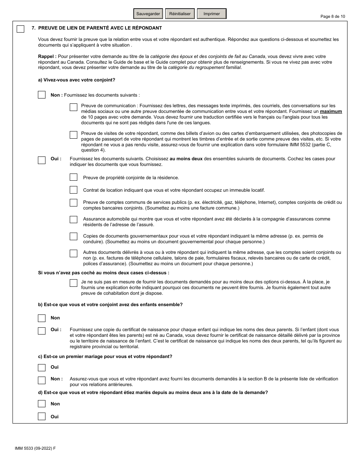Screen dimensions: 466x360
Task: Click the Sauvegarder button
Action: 149,14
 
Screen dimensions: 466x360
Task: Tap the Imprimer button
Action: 211,14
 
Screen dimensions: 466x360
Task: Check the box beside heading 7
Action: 20,29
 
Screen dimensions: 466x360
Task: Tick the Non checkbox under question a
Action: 42,95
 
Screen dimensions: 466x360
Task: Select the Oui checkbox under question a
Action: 42,160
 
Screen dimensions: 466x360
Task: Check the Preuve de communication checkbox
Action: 74,108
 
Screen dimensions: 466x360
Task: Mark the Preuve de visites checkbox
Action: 74,135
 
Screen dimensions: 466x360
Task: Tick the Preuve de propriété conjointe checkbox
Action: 74,177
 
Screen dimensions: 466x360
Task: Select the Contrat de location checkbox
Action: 74,190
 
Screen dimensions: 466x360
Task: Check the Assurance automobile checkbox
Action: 74,220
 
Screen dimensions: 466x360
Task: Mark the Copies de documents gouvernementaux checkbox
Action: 74,236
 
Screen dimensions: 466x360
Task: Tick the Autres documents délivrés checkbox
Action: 74,253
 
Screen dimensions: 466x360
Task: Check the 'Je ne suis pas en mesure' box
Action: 74,283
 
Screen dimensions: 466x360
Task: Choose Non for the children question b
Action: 42,318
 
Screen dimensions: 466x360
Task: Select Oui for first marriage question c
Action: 42,367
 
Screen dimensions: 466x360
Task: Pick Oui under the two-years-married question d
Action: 42,416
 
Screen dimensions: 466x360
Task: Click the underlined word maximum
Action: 331,112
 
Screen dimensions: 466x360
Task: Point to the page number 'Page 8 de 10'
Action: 333,16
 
